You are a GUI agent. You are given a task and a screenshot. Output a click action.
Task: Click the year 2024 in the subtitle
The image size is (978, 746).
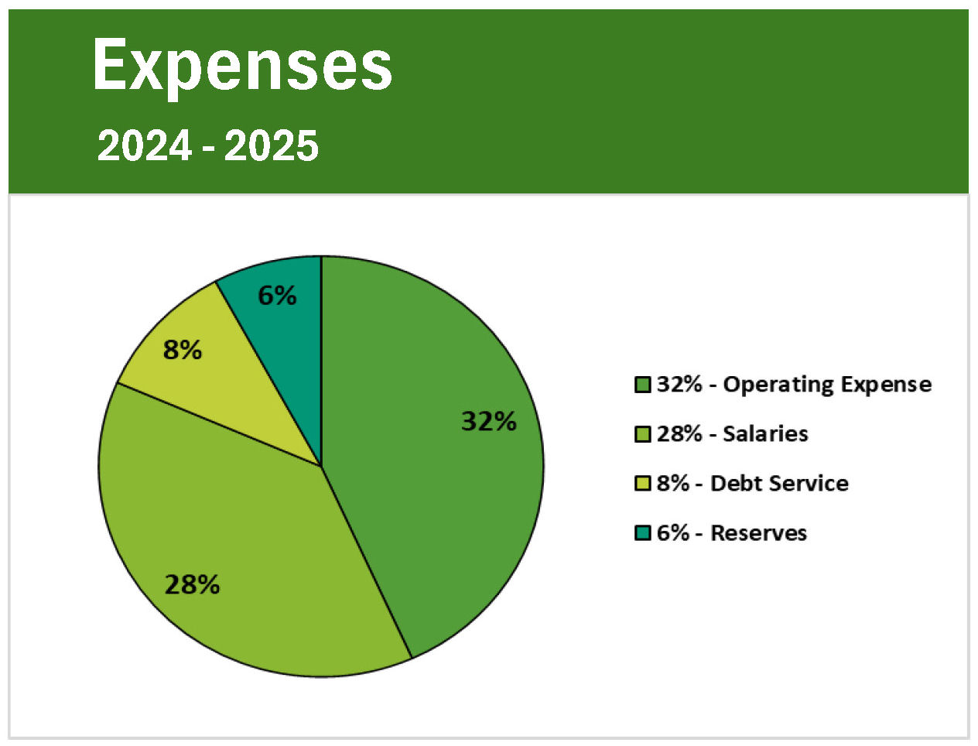pyautogui.click(x=144, y=146)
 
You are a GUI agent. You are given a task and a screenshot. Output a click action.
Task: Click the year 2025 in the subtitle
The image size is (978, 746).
pyautogui.click(x=272, y=146)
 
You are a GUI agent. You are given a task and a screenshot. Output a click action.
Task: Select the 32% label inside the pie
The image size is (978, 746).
pyautogui.click(x=488, y=421)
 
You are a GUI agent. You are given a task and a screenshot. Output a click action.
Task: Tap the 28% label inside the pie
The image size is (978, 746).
pyautogui.click(x=192, y=584)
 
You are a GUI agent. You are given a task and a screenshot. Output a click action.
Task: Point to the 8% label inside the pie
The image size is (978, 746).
pyautogui.click(x=183, y=350)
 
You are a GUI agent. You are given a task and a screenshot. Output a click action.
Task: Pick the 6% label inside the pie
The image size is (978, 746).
pyautogui.click(x=277, y=295)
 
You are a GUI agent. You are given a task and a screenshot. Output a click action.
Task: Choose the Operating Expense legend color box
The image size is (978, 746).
pyautogui.click(x=642, y=385)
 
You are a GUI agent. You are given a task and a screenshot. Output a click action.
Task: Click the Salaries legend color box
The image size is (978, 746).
pyautogui.click(x=642, y=434)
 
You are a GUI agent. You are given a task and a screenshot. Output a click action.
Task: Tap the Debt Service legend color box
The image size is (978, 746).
pyautogui.click(x=642, y=484)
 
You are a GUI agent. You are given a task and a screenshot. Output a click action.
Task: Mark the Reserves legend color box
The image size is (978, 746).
pyautogui.click(x=642, y=533)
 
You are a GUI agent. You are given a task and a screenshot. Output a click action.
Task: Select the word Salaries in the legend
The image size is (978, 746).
pyautogui.click(x=765, y=434)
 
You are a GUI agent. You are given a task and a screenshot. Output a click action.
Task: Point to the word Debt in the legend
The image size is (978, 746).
pyautogui.click(x=730, y=484)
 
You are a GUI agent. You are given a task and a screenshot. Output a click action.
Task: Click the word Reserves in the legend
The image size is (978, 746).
pyautogui.click(x=758, y=533)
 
